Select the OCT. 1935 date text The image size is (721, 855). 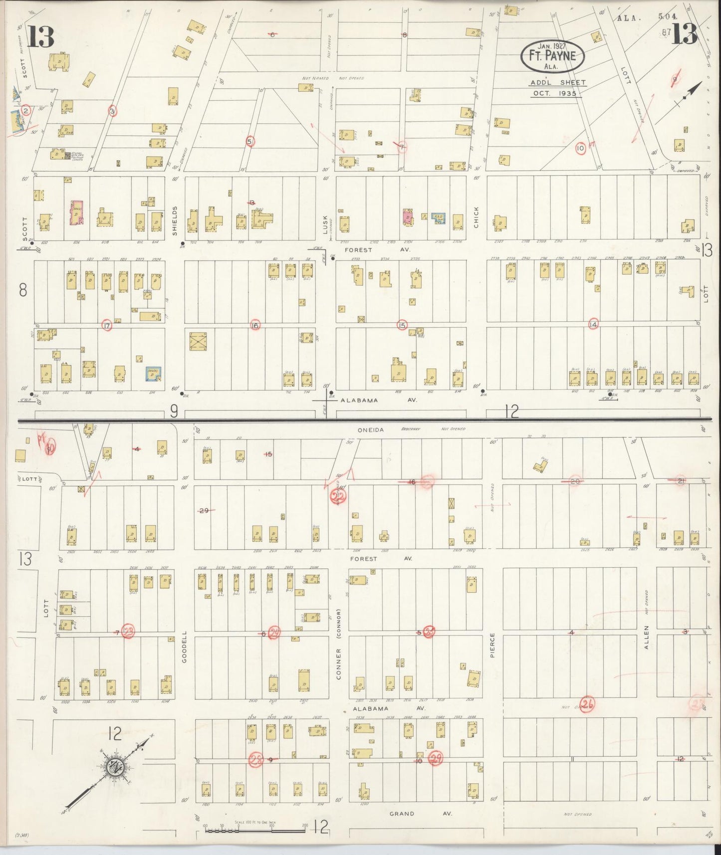(x=554, y=93)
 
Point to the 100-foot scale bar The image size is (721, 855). (x=255, y=831)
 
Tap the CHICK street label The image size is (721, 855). (x=477, y=217)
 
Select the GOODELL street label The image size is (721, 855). (x=184, y=647)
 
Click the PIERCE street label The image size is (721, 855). (x=492, y=645)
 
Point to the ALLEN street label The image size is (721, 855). (x=647, y=637)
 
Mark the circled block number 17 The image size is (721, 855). (x=106, y=325)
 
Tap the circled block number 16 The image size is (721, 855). (x=255, y=325)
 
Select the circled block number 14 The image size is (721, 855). (x=593, y=325)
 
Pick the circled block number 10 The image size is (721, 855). (x=580, y=148)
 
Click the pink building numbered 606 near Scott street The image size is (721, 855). (x=77, y=213)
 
